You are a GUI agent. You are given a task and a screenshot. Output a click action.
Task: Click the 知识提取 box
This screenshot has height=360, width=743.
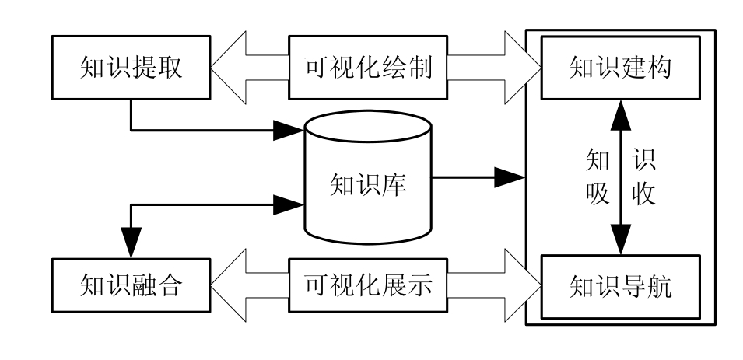point(130,68)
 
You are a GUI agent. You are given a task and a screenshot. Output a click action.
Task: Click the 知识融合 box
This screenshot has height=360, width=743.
point(130,287)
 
